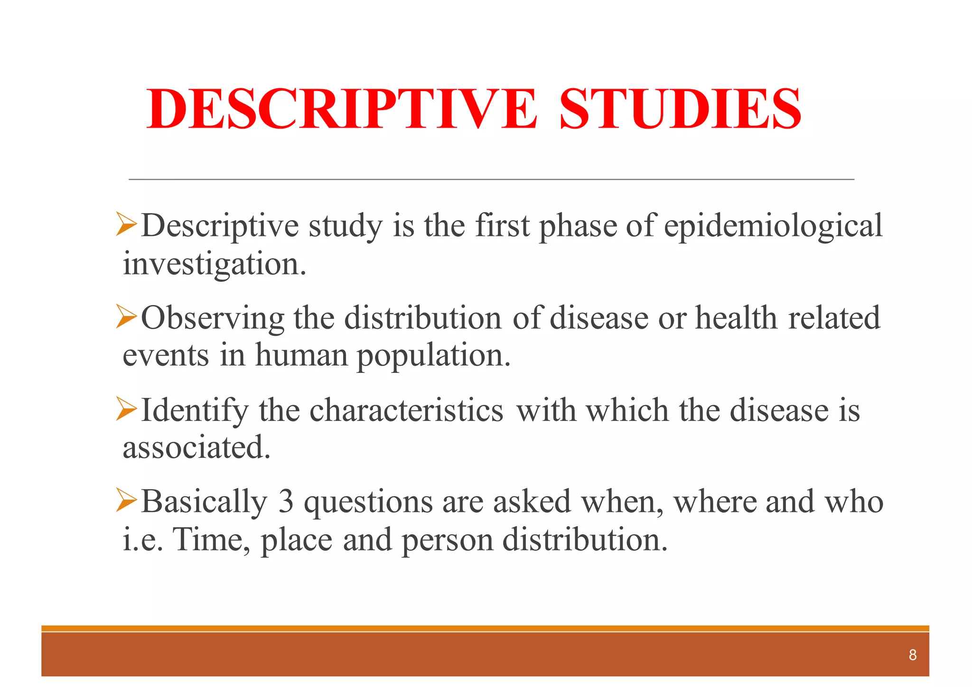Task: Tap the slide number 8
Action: point(912,655)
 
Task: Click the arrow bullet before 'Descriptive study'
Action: point(126,224)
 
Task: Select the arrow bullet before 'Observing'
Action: point(126,317)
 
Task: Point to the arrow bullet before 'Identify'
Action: point(126,409)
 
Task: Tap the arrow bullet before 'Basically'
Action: point(126,501)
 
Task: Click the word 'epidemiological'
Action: point(773,226)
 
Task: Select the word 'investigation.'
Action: point(215,264)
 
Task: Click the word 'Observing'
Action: point(213,318)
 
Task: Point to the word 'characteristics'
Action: point(406,410)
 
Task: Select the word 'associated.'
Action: point(196,447)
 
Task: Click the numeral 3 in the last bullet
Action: point(286,501)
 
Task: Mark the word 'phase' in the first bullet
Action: point(577,226)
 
